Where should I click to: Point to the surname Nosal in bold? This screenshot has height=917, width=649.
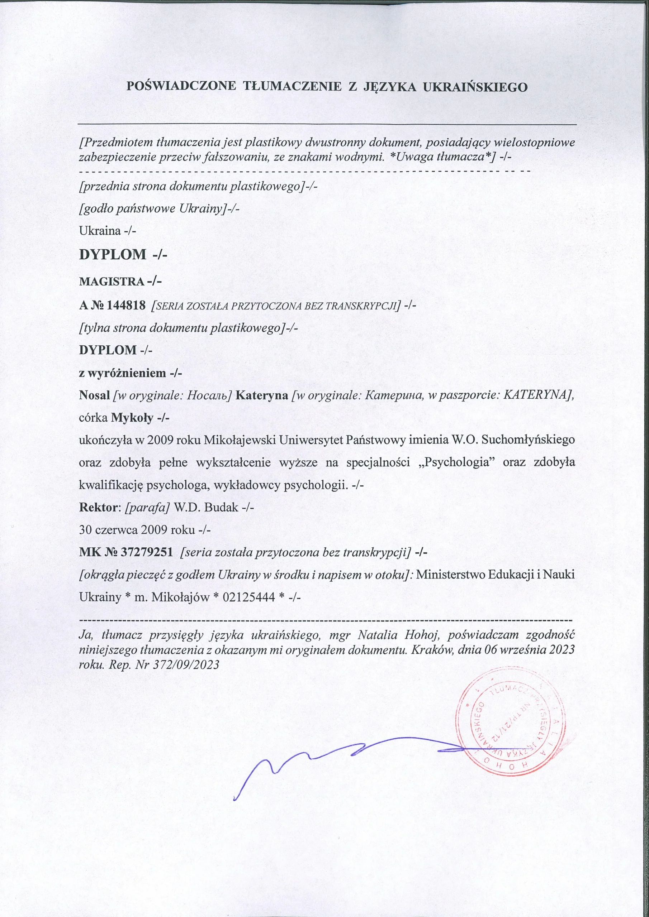click(95, 395)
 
